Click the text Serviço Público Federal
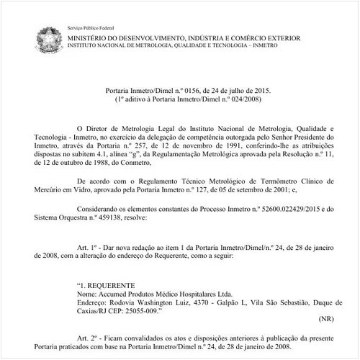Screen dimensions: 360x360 pos(91,26)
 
